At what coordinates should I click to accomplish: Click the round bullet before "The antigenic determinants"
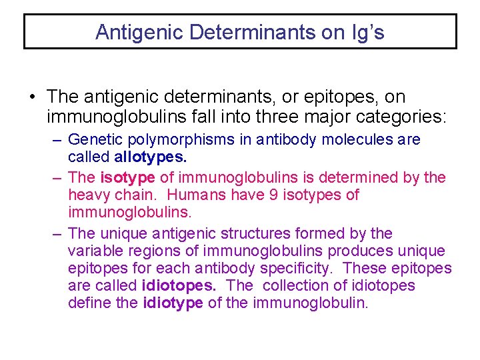click(33, 98)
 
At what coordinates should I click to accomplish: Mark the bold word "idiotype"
click(173, 303)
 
